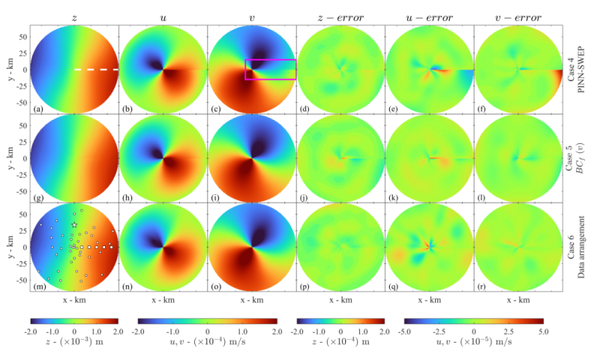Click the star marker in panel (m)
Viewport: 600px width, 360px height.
click(x=74, y=225)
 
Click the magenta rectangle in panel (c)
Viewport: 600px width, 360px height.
click(x=271, y=60)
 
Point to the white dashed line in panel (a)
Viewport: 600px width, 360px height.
click(x=97, y=70)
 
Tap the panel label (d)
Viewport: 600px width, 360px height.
click(x=305, y=109)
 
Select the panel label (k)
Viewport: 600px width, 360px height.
click(x=394, y=198)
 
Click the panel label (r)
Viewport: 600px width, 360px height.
click(x=482, y=286)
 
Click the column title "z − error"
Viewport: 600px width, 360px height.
click(x=340, y=17)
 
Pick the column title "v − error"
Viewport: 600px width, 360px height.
click(x=518, y=17)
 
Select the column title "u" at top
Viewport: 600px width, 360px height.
click(x=163, y=18)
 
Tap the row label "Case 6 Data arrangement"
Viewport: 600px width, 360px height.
click(x=576, y=247)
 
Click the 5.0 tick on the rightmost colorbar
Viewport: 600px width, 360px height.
click(x=543, y=331)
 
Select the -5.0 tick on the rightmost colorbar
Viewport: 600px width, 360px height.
click(x=404, y=331)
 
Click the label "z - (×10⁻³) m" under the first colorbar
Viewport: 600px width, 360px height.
click(x=74, y=341)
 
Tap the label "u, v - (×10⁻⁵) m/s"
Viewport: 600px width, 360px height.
click(x=474, y=341)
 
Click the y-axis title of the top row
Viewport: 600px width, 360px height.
click(x=10, y=70)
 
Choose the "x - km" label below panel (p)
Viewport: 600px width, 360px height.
click(x=340, y=300)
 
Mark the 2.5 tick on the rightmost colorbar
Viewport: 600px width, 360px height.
click(x=508, y=331)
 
